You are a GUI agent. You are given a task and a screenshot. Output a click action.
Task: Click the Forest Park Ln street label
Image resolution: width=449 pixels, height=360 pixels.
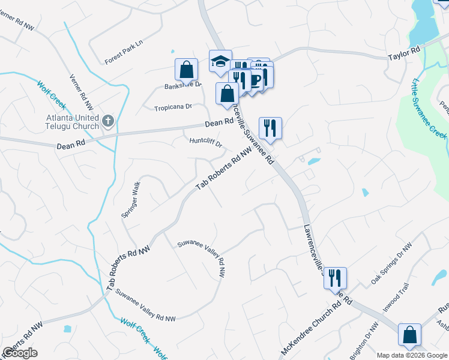[x=125, y=53]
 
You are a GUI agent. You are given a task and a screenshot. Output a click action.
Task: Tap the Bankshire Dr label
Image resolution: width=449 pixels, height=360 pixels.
[x=183, y=86]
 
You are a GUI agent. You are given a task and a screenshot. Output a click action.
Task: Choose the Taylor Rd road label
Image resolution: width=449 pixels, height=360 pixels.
[x=403, y=55]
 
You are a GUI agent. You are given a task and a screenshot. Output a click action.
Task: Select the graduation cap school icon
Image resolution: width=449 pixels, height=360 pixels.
[x=220, y=61]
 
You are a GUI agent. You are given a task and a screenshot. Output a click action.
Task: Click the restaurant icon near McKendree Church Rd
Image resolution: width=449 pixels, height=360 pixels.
[x=335, y=277]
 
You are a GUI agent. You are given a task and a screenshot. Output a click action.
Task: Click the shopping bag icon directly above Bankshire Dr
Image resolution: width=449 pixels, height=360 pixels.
[x=186, y=69]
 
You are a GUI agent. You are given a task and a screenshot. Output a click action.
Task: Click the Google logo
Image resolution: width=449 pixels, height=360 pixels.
[x=20, y=353]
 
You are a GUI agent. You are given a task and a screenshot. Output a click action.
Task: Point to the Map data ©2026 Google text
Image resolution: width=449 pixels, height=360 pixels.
[x=412, y=355]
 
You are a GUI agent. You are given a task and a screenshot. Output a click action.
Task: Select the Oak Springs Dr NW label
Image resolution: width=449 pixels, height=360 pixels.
[x=391, y=263]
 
